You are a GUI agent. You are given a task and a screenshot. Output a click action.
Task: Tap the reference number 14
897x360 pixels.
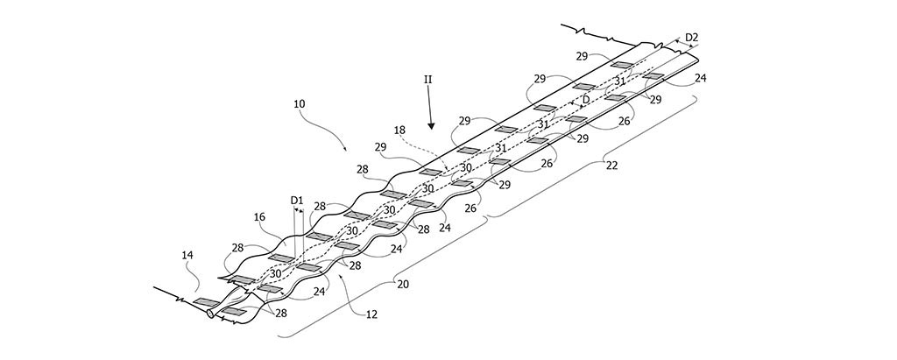pyautogui.click(x=187, y=256)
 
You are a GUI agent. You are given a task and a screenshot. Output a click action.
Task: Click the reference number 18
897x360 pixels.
pyautogui.click(x=399, y=130)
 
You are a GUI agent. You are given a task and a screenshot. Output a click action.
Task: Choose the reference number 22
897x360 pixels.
pyautogui.click(x=611, y=164)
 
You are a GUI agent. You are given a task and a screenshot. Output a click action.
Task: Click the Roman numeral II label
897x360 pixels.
pyautogui.click(x=428, y=79)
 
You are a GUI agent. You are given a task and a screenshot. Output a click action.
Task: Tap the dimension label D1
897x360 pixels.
pyautogui.click(x=297, y=200)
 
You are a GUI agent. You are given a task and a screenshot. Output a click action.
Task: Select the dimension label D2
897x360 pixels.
pyautogui.click(x=692, y=37)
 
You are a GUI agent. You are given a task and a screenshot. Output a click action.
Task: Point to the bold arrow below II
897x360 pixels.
pyautogui.click(x=431, y=114)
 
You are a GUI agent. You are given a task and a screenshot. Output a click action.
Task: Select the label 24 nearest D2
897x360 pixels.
pyautogui.click(x=700, y=78)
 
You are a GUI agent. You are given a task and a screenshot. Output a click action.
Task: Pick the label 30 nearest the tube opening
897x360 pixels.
pyautogui.click(x=274, y=273)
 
